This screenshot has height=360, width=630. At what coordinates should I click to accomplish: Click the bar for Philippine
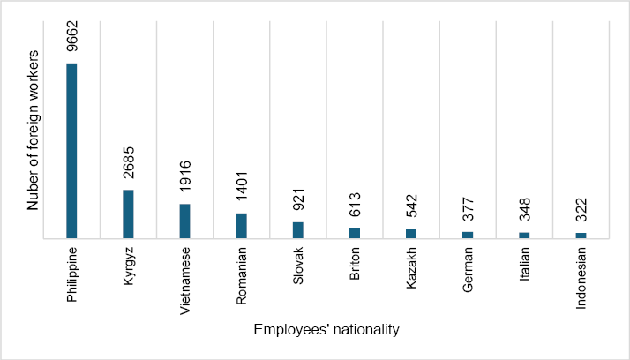pyautogui.click(x=71, y=150)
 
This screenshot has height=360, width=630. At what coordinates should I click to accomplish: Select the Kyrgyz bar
pyautogui.click(x=128, y=214)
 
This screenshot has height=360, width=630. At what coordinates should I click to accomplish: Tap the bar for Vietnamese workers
pyautogui.click(x=184, y=221)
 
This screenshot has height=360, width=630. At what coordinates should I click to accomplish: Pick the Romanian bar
pyautogui.click(x=241, y=225)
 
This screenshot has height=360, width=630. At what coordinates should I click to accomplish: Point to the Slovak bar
pyautogui.click(x=297, y=229)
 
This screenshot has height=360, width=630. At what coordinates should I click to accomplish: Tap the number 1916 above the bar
pyautogui.click(x=185, y=180)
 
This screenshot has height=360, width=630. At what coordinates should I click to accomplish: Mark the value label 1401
pyautogui.click(x=242, y=190)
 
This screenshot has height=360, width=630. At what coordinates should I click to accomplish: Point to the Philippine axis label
pyautogui.click(x=72, y=274)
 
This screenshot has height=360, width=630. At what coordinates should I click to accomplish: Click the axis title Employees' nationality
pyautogui.click(x=326, y=330)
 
